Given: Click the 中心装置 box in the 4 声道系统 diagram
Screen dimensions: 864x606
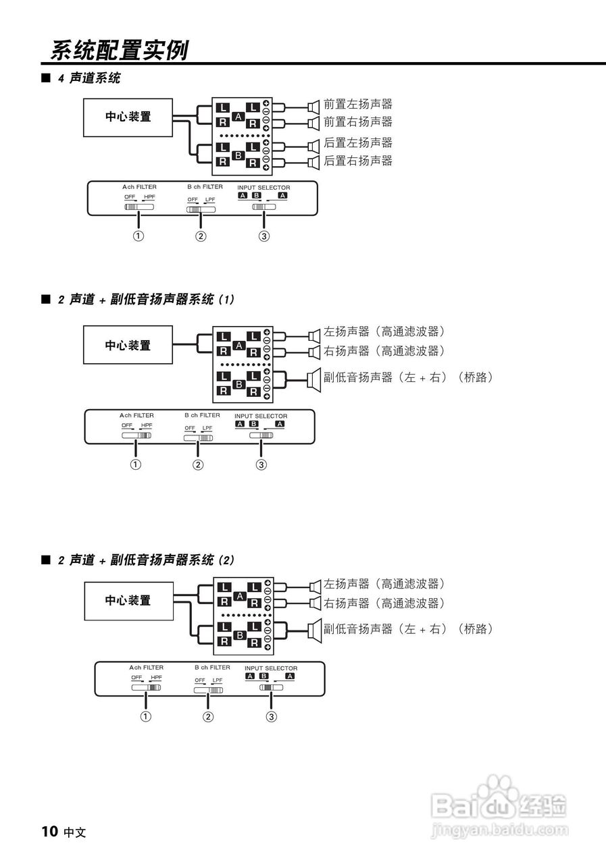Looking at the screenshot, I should click(128, 117).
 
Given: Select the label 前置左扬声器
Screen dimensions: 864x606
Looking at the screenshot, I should click(357, 105).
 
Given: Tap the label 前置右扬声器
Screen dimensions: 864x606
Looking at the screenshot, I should click(357, 122).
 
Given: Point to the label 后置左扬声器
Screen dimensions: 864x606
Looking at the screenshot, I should click(357, 143).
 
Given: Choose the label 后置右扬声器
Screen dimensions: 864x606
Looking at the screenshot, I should click(357, 161).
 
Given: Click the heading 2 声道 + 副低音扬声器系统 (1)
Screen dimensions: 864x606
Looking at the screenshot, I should click(146, 299).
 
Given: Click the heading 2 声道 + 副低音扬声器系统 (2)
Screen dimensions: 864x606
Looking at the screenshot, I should click(146, 560).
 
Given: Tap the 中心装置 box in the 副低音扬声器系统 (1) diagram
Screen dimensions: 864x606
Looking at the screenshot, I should click(128, 346).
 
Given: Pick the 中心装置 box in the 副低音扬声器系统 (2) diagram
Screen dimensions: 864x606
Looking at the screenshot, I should click(128, 601).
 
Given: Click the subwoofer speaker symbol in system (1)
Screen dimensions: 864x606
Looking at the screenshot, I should click(313, 379).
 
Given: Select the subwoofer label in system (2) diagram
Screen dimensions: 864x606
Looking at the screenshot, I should click(407, 629).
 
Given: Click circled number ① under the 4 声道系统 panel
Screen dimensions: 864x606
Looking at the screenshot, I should click(138, 236).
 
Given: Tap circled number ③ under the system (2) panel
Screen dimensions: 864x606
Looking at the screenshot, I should click(272, 717).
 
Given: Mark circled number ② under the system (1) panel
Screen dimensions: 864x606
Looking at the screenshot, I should click(198, 464).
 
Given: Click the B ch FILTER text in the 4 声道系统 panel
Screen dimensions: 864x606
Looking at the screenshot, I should click(205, 186).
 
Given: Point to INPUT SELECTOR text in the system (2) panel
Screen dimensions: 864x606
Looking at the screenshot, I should click(271, 668).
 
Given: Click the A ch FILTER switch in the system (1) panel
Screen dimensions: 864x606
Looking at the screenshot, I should click(136, 435).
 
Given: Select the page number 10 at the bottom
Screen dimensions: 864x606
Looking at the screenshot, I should click(49, 831).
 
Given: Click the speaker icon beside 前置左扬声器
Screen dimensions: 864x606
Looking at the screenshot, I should click(313, 105).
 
